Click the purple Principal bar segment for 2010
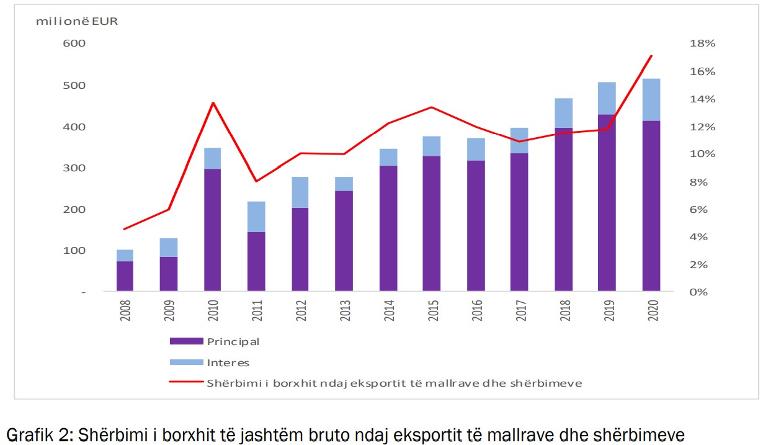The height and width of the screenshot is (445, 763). tap(212, 230)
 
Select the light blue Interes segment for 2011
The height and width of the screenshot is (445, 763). tap(256, 217)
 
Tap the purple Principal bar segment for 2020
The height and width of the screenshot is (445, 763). tap(651, 205)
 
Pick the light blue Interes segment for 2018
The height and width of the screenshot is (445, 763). tap(563, 113)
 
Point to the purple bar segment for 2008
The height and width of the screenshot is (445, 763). tap(125, 276)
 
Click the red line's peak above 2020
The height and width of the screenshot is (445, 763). tap(651, 56)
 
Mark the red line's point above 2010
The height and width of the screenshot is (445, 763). tap(212, 102)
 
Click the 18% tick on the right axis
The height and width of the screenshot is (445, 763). tap(703, 43)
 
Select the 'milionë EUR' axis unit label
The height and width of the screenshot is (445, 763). tap(77, 20)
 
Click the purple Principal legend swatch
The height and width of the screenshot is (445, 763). tap(186, 341)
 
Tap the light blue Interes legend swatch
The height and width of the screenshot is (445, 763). tap(186, 362)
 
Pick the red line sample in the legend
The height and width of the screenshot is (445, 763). tap(186, 383)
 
